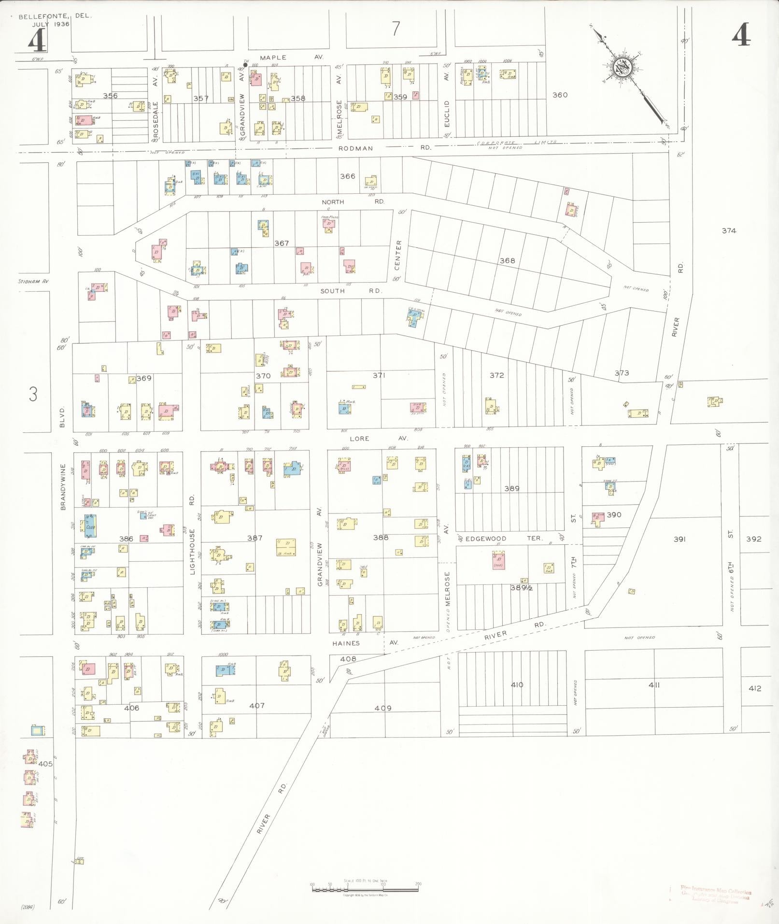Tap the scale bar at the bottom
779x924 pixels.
pyautogui.click(x=365, y=887)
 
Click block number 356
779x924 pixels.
pyautogui.click(x=110, y=96)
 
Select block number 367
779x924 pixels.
pyautogui.click(x=282, y=243)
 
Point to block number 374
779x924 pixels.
pyautogui.click(x=729, y=231)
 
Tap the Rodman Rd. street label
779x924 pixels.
pyautogui.click(x=384, y=148)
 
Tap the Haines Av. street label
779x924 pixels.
pyautogui.click(x=365, y=643)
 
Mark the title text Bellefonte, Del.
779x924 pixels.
pyautogui.click(x=55, y=16)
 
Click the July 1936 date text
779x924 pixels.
pyautogui.click(x=51, y=24)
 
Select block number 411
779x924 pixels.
pyautogui.click(x=654, y=685)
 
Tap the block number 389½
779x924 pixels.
pyautogui.click(x=522, y=588)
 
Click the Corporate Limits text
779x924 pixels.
pyautogui.click(x=516, y=142)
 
